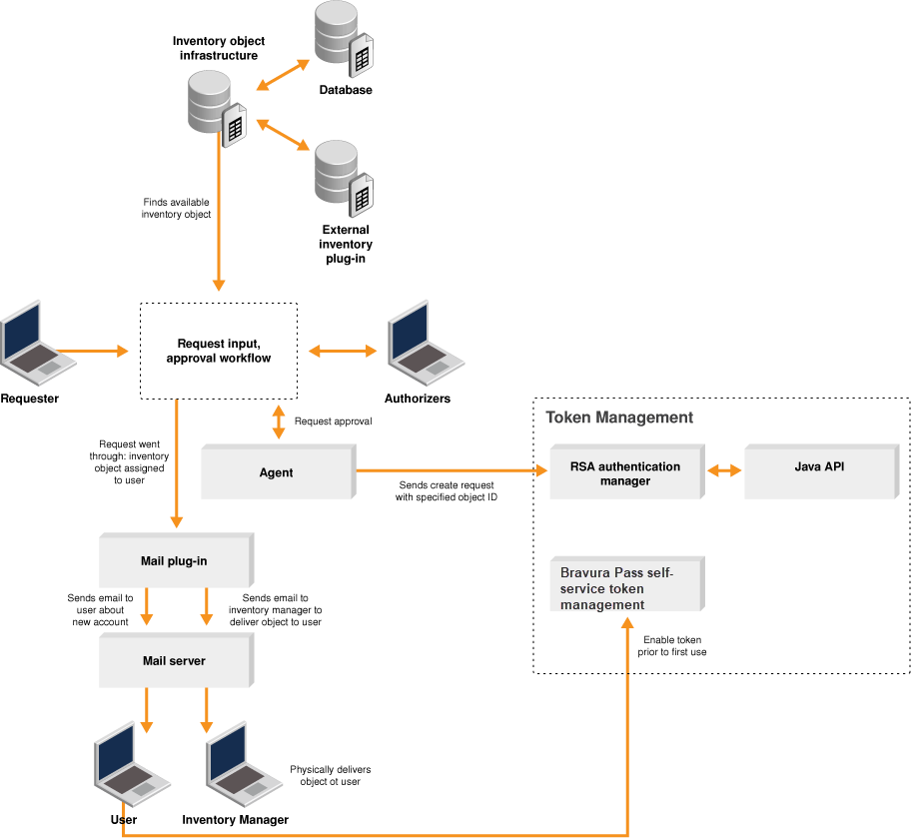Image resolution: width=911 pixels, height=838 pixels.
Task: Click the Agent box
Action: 277,471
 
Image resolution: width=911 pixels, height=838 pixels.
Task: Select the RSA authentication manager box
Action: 625,472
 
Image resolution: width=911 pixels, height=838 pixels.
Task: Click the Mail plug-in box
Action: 175,560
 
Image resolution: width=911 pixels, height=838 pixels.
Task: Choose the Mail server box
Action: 175,660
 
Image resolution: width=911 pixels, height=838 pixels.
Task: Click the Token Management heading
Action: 619,418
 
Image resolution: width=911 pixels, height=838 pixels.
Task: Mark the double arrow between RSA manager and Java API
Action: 725,469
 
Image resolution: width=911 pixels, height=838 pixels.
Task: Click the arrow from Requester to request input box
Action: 95,351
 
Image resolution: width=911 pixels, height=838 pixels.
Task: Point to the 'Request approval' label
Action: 333,421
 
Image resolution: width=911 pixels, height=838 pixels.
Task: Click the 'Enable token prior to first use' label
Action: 671,645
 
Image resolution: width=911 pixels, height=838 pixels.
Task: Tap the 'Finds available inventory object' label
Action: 177,208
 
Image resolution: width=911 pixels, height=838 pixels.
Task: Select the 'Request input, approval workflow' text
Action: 218,351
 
